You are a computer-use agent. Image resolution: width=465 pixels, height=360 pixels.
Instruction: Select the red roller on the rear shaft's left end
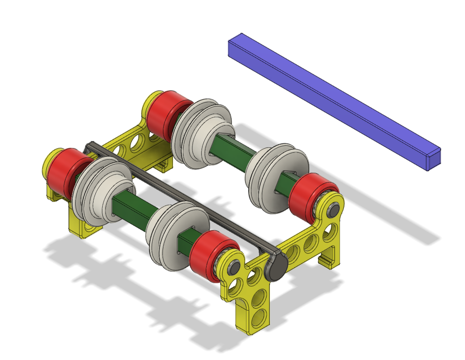pos(163,116)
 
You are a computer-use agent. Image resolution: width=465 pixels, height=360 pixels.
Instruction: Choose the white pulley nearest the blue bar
pos(277,180)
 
